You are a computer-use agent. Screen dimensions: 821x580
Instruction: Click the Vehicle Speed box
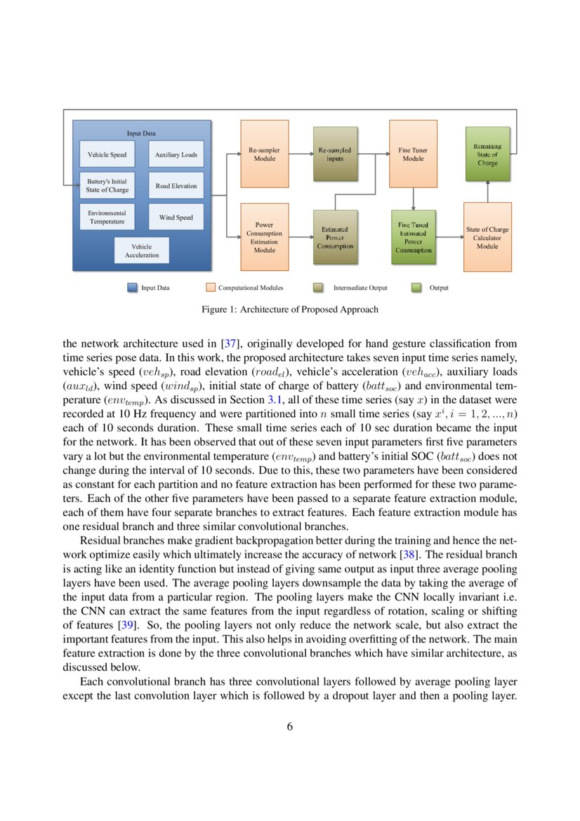[x=107, y=155]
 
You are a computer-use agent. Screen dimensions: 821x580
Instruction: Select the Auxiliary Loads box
[x=176, y=155]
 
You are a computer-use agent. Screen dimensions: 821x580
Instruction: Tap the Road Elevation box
[x=176, y=186]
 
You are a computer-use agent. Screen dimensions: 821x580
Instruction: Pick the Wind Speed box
[x=176, y=218]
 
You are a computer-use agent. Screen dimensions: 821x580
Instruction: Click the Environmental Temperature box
[x=107, y=217]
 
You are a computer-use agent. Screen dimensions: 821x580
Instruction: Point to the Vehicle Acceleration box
[x=142, y=251]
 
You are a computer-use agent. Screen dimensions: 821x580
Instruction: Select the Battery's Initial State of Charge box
[x=107, y=185]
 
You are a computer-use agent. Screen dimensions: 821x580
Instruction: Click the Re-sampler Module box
[x=265, y=154]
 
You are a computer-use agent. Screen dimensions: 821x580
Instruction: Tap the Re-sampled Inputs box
[x=335, y=154]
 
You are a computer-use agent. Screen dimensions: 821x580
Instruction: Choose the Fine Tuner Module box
[x=413, y=154]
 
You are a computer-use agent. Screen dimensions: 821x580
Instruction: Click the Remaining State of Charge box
[x=487, y=154]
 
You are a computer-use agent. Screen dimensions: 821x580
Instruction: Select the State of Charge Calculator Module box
[x=487, y=237]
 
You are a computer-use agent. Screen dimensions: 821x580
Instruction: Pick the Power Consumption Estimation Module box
[x=265, y=237]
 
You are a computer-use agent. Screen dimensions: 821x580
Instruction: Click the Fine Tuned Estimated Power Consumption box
[x=413, y=237]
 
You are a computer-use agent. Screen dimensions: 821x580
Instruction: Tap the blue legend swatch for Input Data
[x=133, y=287]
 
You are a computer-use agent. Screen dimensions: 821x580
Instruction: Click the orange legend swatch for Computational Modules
[x=210, y=287]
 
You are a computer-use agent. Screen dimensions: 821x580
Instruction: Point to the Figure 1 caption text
[x=289, y=309]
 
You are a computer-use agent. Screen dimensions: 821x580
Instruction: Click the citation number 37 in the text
[x=229, y=344]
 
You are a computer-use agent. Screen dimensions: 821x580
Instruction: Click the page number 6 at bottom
[x=289, y=727]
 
